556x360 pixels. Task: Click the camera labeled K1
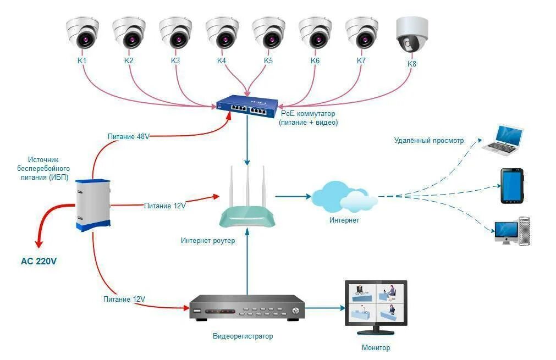pos(82,33)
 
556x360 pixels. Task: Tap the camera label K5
pos(268,60)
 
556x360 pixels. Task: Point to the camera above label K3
pos(175,33)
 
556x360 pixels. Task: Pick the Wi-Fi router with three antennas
pos(247,203)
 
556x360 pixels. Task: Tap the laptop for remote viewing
pos(503,139)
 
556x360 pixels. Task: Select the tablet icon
pos(512,186)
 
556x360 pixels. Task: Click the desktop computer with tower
pos(513,231)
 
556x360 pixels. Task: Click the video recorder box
pos(246,308)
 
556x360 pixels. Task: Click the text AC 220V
pos(38,262)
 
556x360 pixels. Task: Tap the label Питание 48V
pos(129,137)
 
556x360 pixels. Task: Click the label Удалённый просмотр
pos(428,141)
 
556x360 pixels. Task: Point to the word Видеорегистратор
pos(243,336)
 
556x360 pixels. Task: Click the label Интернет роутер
pos(208,241)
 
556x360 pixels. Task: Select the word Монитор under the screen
pos(376,348)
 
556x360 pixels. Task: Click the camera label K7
pos(361,60)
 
